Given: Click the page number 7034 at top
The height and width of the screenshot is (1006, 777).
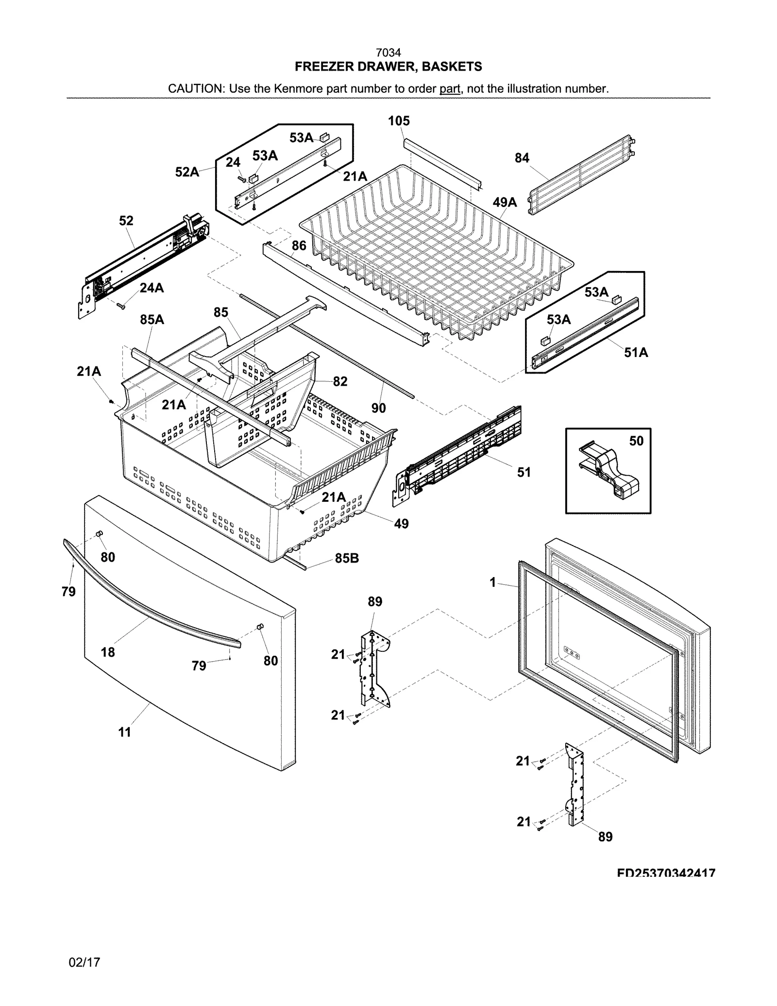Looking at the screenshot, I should (x=388, y=52).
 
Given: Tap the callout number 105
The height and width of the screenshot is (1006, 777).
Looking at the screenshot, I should (x=399, y=121).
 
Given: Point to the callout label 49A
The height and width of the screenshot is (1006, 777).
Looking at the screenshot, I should (x=505, y=202).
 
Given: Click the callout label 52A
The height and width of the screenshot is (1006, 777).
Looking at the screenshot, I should (x=187, y=171).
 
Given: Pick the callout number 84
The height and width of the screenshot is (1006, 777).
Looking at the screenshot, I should (x=522, y=158).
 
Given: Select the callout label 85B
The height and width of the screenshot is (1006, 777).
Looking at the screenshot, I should (x=347, y=559).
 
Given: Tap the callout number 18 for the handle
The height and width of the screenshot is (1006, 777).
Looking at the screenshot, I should (x=108, y=652).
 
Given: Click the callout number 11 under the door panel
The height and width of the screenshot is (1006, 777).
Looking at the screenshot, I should (x=125, y=732).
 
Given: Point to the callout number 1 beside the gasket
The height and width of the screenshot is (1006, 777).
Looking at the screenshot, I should (x=492, y=582).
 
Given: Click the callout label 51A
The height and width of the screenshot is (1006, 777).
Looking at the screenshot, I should (x=636, y=352).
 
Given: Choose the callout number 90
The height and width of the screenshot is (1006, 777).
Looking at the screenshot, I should (x=378, y=408).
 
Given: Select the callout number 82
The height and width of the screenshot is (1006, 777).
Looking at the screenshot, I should (x=340, y=381).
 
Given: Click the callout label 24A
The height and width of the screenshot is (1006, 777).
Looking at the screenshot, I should (x=152, y=288).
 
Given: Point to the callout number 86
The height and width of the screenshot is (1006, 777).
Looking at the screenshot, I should (x=299, y=245).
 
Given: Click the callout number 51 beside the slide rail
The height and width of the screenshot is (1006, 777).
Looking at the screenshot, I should (x=524, y=472).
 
